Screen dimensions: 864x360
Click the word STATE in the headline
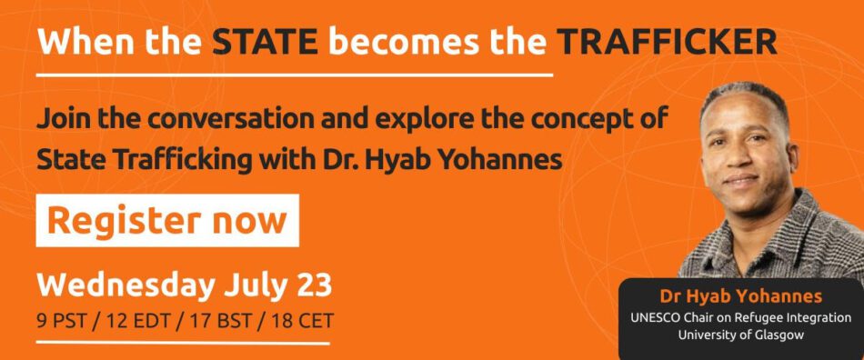(x=265, y=42)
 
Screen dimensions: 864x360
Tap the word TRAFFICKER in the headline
(x=667, y=42)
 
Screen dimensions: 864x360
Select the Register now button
(x=167, y=220)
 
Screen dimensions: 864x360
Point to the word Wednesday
(x=126, y=285)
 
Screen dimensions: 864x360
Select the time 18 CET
(x=302, y=320)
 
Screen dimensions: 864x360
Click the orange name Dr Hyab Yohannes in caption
(x=740, y=297)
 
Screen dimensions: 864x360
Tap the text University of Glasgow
(x=741, y=335)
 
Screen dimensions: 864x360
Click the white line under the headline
(x=295, y=74)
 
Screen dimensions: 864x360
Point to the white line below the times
(x=183, y=344)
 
